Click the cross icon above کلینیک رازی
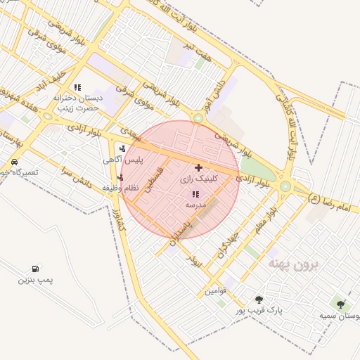[x=198, y=167]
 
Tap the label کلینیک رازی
[x=199, y=179]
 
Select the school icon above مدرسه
[x=195, y=193]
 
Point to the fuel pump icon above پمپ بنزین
[x=35, y=269]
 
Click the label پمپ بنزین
[x=36, y=280]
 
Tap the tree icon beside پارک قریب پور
[x=259, y=300]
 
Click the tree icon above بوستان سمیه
[x=341, y=304]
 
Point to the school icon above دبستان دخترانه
[x=77, y=88]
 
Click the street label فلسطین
[x=155, y=181]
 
